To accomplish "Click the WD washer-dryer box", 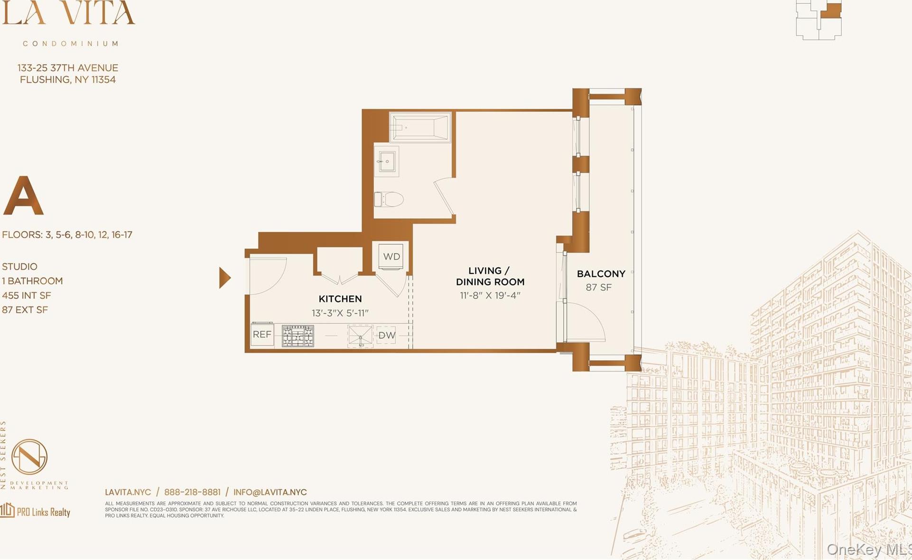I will tap(391, 257).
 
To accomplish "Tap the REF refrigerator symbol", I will tap(262, 335).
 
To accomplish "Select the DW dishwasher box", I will tap(386, 335).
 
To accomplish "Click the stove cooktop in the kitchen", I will tap(298, 336).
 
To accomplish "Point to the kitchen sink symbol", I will tap(360, 336).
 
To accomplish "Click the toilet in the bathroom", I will tap(389, 199).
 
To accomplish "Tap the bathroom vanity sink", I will tap(386, 161).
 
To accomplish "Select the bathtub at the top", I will tap(420, 127).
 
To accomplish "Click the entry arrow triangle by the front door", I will tap(224, 278).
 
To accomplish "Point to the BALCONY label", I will tap(601, 274).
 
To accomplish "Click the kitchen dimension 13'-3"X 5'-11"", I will tap(340, 313).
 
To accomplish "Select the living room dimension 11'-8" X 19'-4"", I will tap(490, 295).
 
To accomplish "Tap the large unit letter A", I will tap(23, 196).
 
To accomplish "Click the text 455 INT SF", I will tap(26, 296).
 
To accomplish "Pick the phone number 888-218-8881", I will tap(192, 492).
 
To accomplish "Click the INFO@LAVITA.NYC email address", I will tap(270, 492).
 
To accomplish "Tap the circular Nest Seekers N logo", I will tap(29, 457).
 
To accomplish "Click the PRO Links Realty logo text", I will tap(43, 512).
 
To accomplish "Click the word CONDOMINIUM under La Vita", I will tap(71, 44).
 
